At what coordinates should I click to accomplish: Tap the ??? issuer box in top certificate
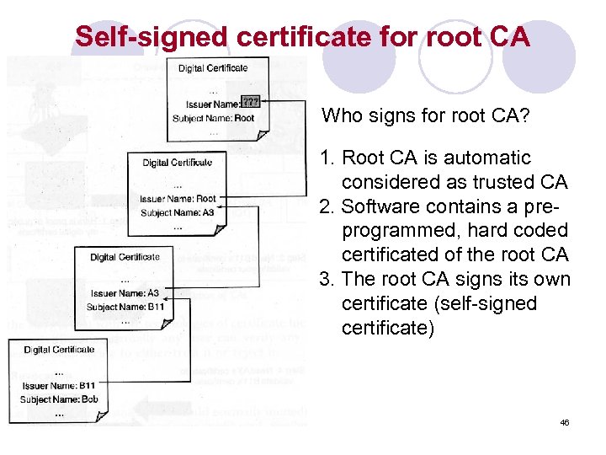[250, 102]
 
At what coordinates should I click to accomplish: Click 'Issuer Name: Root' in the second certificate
[178, 199]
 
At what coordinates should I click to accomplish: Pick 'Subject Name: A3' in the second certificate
[178, 213]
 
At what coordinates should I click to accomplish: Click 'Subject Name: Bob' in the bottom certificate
[59, 399]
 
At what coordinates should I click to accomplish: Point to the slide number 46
[564, 422]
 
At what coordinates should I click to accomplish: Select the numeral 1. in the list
[327, 158]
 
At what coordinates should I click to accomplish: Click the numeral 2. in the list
[327, 206]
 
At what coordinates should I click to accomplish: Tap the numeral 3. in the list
[327, 279]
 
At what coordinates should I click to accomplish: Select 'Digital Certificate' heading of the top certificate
[213, 67]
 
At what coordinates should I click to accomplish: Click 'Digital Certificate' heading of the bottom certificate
[59, 350]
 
